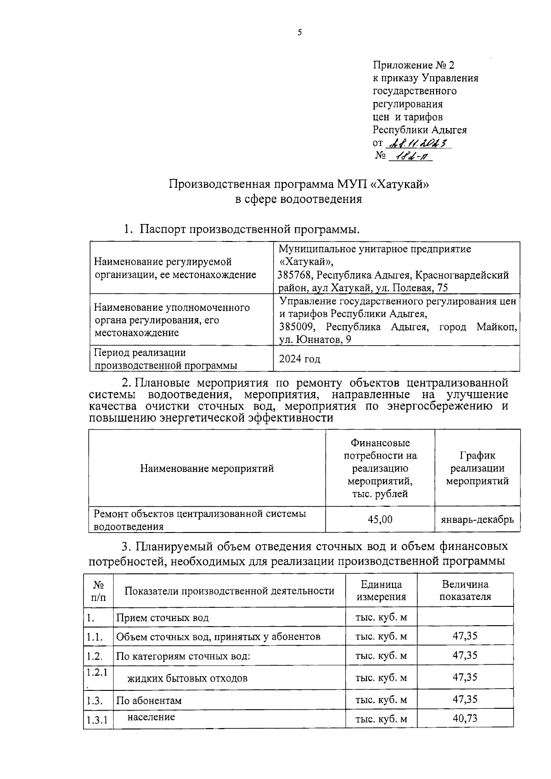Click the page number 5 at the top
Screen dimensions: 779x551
[x=300, y=32]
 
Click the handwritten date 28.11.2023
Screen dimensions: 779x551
[x=419, y=143]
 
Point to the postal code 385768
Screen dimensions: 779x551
[x=296, y=275]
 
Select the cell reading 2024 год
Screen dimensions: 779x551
[x=299, y=359]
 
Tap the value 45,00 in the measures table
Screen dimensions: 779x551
[x=380, y=520]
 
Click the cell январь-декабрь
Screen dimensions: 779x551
[x=477, y=520]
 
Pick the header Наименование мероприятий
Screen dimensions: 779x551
[x=207, y=468]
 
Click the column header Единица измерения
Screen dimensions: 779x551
[x=381, y=590]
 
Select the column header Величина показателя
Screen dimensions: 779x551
[x=465, y=590]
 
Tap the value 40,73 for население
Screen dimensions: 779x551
[x=465, y=718]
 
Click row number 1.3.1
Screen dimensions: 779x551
[x=97, y=720]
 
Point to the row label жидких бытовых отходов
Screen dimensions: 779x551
[x=187, y=678]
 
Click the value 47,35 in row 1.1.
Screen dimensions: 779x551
[x=465, y=636]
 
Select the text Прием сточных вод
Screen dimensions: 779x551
[x=162, y=617]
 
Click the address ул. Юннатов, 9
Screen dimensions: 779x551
[x=310, y=340]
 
